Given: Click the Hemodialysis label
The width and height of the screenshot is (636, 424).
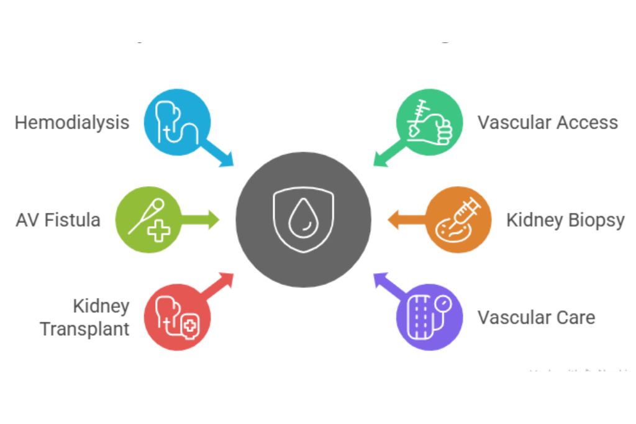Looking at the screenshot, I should pos(72,122).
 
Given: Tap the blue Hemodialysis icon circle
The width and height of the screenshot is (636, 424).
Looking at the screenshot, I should pos(177,121).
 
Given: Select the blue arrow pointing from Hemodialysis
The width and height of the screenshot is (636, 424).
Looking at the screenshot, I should pos(218,153).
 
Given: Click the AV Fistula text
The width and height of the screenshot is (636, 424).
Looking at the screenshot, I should pos(58,220).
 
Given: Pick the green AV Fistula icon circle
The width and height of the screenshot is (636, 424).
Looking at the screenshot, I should pos(148,220).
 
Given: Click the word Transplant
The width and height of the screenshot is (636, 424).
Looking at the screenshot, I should pos(84,328).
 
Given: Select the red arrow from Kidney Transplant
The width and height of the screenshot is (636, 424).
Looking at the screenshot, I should pos(218,286).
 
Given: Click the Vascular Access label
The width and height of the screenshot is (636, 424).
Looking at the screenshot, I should pos(548,122).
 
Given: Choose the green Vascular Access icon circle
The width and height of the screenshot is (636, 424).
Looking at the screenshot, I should pos(430,121).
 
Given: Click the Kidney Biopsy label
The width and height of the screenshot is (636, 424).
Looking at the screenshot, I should pos(565,220).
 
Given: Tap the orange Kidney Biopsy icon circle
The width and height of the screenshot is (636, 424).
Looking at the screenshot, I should pos(459,220).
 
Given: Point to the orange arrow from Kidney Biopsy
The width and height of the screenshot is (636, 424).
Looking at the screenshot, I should pos(407,220).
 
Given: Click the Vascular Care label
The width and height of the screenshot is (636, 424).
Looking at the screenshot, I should pos(536,317).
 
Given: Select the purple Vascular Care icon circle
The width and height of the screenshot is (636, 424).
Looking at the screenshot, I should pos(430,317).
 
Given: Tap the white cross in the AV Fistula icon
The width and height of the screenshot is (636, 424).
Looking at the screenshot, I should pos(159,231).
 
